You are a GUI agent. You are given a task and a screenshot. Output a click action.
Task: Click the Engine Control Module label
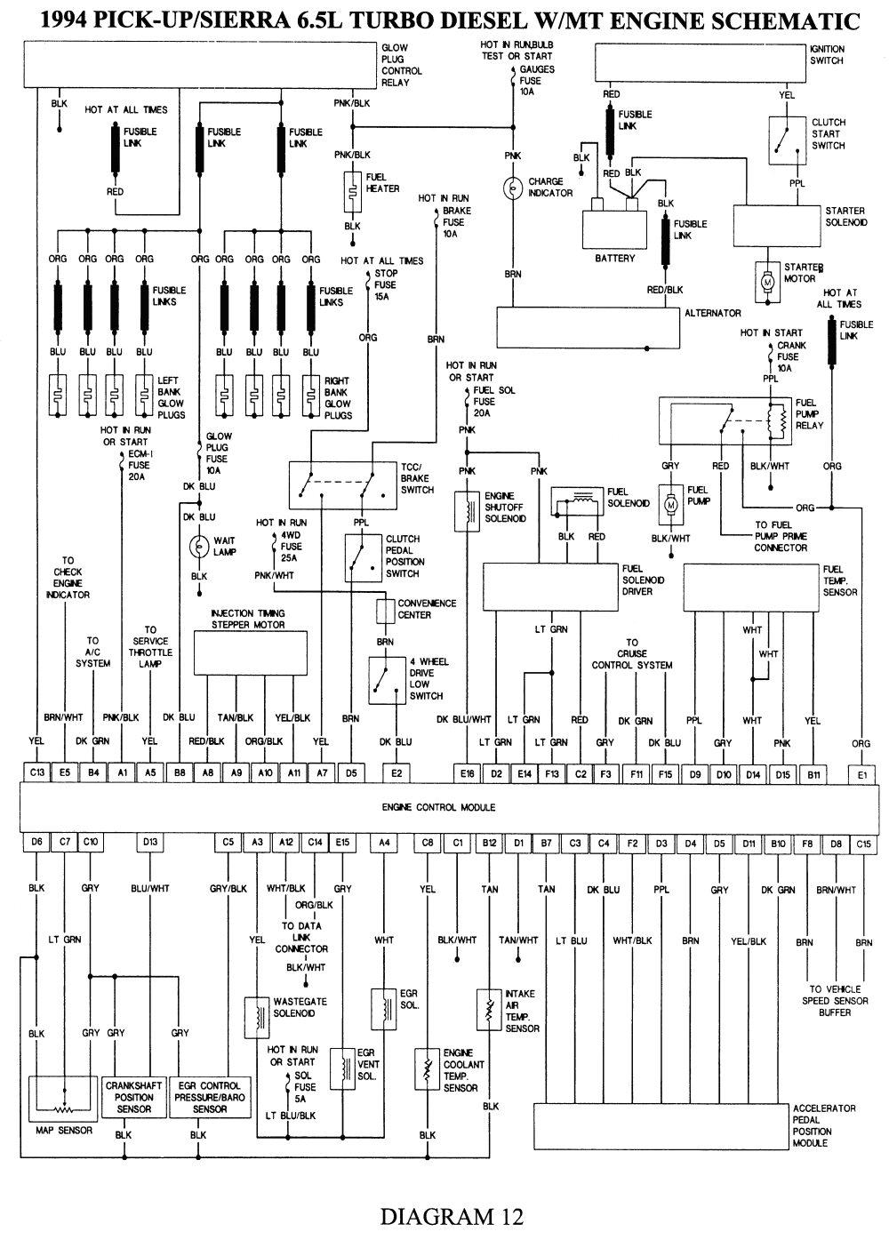[438, 807]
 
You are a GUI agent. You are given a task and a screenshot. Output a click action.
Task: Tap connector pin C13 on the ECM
[36, 773]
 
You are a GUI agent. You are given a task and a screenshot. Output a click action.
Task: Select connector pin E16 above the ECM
[468, 774]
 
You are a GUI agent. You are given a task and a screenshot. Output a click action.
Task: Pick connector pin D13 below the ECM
[150, 842]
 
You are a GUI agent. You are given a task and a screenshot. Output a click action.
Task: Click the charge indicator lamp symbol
[513, 188]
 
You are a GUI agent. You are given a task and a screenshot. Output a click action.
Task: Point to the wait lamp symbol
[199, 547]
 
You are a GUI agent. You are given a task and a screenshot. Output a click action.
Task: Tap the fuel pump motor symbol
[671, 502]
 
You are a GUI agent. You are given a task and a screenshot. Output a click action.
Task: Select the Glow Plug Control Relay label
[401, 65]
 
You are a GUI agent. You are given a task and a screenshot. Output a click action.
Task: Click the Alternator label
[712, 313]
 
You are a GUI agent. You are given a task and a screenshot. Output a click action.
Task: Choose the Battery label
[615, 258]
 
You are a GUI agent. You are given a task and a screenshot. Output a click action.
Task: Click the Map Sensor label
[64, 1131]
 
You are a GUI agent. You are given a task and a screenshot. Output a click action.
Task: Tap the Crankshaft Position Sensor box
[134, 1097]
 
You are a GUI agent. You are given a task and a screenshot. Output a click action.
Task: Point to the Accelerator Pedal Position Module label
[823, 1125]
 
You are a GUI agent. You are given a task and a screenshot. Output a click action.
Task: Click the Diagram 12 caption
[452, 1216]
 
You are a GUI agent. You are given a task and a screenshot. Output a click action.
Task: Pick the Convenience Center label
[427, 609]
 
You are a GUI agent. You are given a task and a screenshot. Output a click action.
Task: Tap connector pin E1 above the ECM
[861, 774]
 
